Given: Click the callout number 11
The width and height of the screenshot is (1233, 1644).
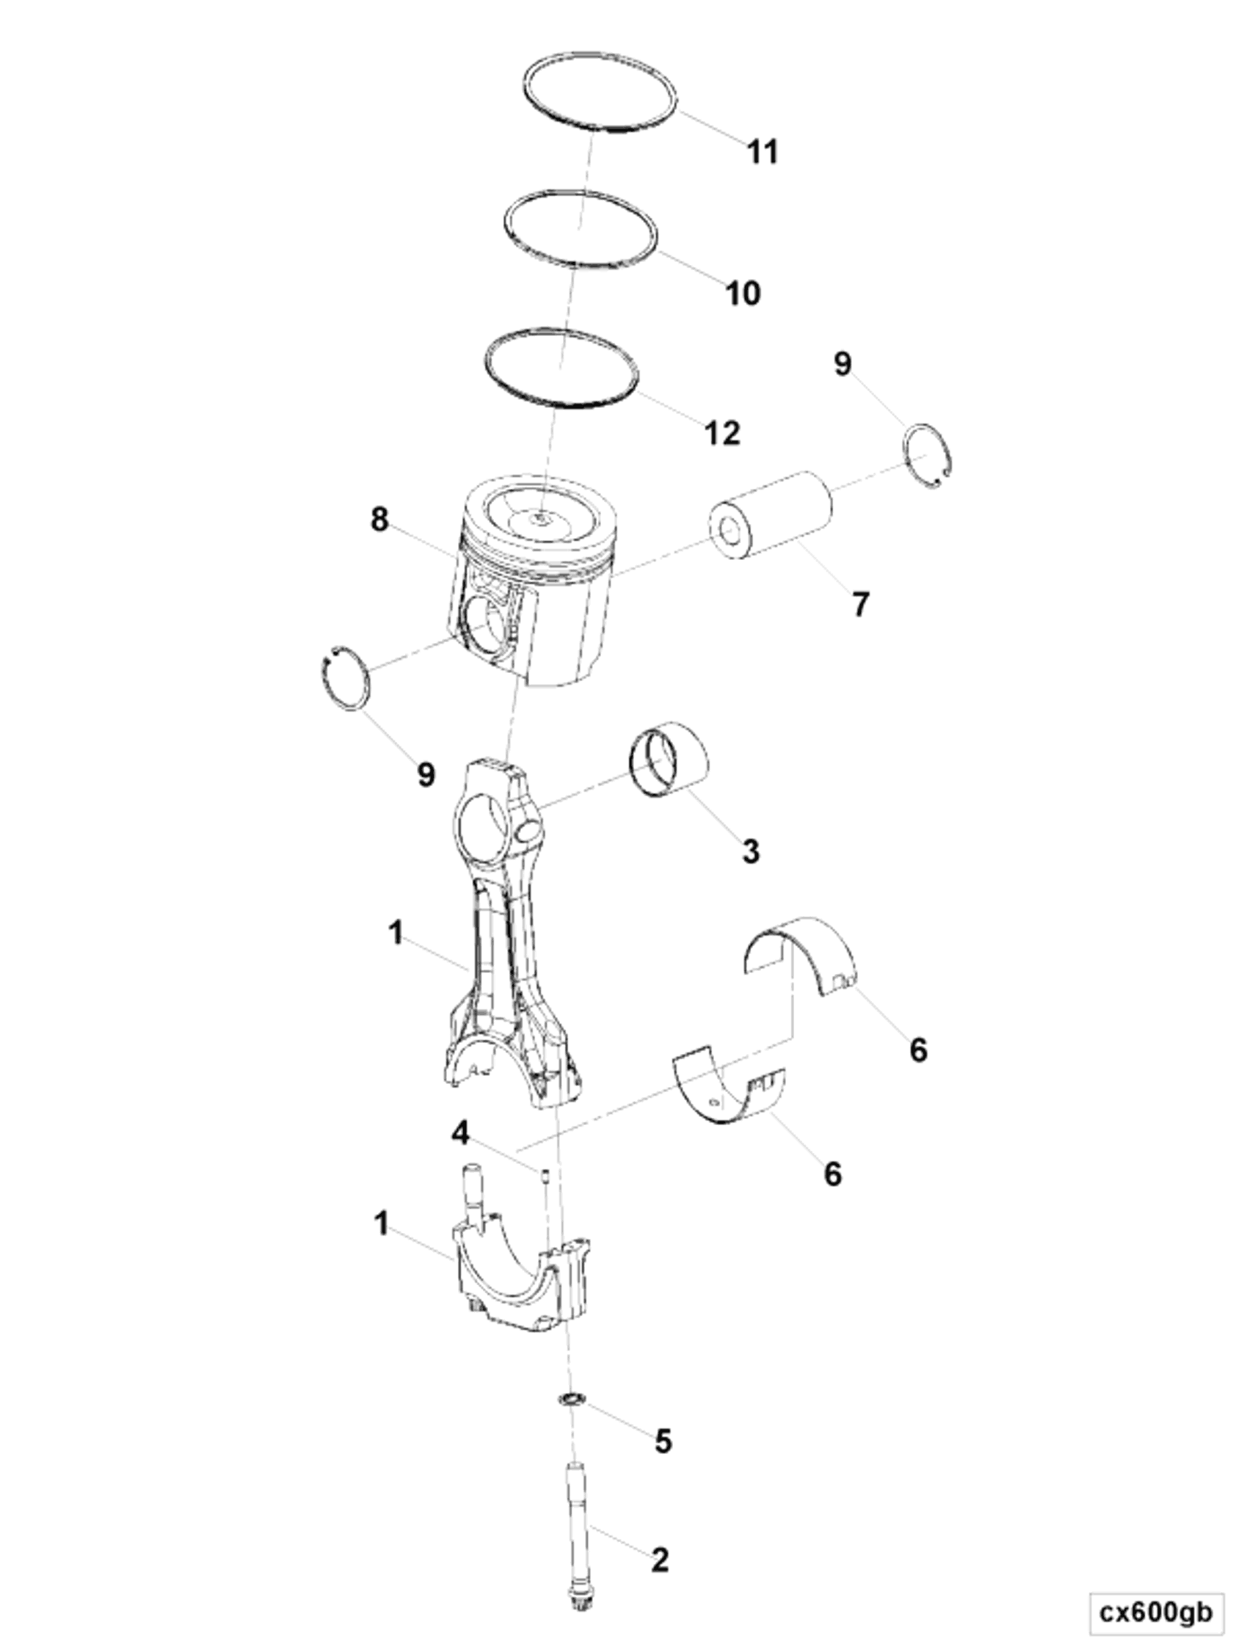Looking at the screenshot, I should click(763, 152).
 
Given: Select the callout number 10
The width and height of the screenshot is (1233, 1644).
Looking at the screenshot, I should click(743, 293).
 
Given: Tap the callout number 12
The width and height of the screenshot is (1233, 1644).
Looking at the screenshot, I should click(722, 432).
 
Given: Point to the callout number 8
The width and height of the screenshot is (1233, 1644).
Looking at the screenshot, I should click(379, 520).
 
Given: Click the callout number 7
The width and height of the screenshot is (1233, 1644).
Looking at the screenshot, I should click(860, 604).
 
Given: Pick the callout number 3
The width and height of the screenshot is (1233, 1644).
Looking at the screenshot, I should click(751, 850).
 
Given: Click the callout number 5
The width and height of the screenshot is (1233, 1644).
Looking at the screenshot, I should click(663, 1441).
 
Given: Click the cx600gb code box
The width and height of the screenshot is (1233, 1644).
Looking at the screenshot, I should click(1155, 1612).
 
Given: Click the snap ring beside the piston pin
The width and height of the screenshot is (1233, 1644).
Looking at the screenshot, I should click(929, 456).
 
